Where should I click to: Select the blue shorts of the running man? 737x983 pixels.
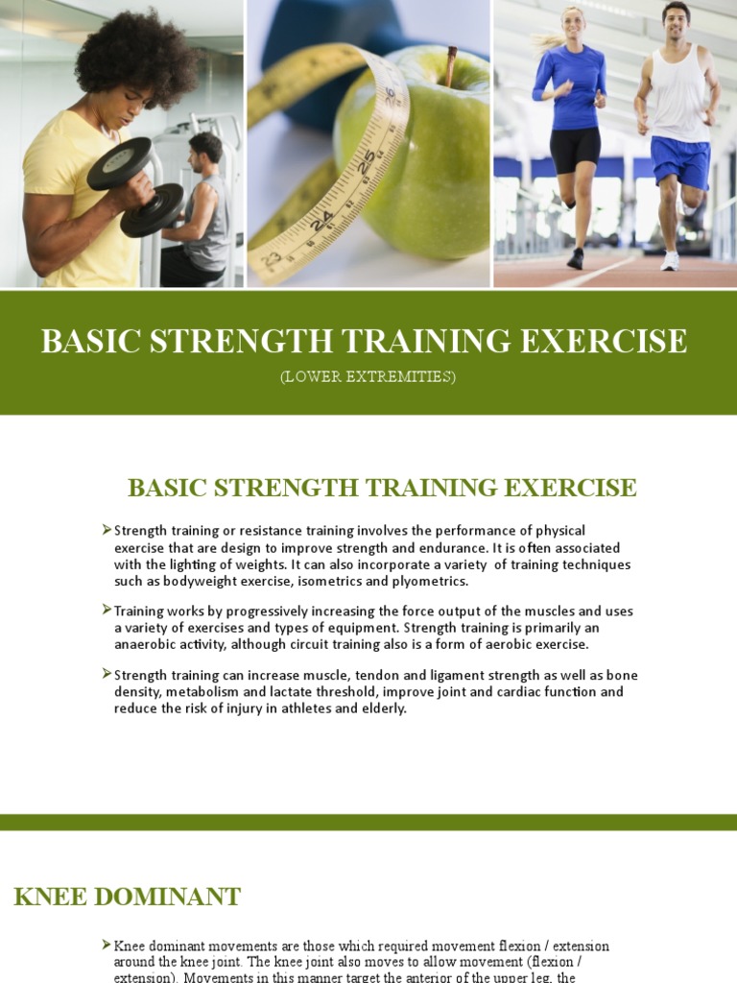click(680, 159)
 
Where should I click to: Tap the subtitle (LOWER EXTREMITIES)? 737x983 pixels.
click(368, 377)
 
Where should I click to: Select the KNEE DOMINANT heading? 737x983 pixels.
click(128, 898)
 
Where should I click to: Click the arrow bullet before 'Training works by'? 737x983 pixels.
click(107, 611)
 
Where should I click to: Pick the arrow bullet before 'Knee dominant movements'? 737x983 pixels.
click(107, 946)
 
